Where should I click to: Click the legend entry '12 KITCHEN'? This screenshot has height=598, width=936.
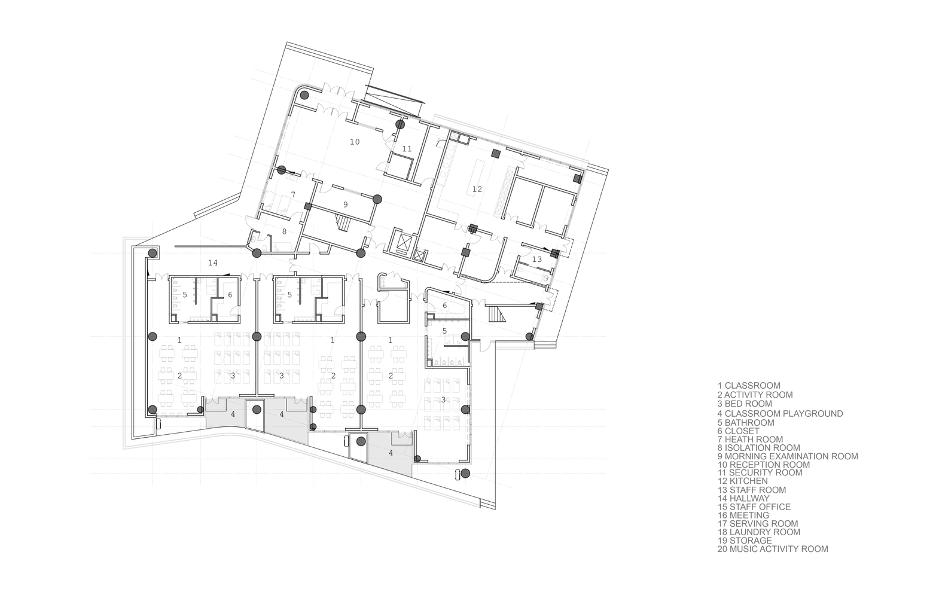(743, 481)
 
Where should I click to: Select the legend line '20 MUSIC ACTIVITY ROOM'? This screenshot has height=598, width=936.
(773, 549)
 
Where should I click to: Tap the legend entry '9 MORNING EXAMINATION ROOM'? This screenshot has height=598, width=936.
(788, 456)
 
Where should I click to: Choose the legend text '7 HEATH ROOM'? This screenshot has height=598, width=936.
(750, 439)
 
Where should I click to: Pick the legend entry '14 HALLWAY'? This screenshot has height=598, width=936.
(743, 498)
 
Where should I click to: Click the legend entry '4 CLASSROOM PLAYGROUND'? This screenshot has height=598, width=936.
(780, 413)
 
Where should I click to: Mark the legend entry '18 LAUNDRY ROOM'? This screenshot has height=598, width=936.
(759, 532)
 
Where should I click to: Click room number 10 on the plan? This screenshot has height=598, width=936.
(355, 142)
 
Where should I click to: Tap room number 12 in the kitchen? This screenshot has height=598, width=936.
(477, 190)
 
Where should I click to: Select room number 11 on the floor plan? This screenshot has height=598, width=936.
(407, 149)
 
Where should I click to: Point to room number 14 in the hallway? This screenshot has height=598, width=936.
(213, 263)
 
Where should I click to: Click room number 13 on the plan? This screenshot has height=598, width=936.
(537, 260)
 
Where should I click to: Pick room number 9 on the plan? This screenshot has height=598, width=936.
(346, 205)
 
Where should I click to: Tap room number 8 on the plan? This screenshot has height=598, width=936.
(284, 231)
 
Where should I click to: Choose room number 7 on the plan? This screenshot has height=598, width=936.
(293, 195)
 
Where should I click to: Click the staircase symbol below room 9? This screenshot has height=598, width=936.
(343, 222)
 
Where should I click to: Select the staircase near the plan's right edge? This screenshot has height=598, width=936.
(497, 313)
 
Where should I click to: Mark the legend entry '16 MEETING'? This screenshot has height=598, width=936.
(743, 515)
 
